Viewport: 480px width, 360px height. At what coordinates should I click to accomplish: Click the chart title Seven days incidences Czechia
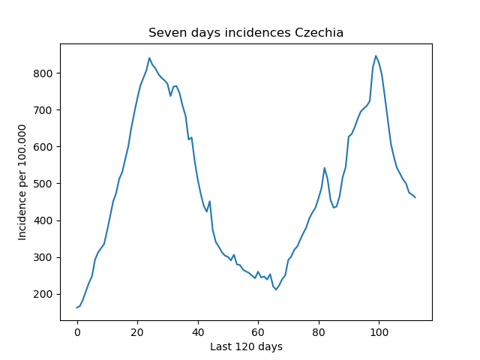(x=246, y=32)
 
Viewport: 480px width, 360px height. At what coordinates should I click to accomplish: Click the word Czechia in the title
(x=319, y=32)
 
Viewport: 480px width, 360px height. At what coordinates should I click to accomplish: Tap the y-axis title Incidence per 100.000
(x=22, y=182)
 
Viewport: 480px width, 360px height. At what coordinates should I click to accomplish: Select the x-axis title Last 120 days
(x=246, y=346)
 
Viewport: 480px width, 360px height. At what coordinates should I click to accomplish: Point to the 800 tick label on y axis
(x=43, y=73)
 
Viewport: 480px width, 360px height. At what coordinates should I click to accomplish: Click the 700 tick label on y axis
(x=43, y=110)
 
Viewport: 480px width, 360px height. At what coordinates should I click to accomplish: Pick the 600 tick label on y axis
(x=43, y=147)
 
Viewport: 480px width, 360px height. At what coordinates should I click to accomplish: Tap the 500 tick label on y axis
(x=43, y=184)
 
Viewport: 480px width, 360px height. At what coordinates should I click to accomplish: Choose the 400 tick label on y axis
(x=43, y=220)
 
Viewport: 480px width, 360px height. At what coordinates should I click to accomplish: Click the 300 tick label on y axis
(x=43, y=257)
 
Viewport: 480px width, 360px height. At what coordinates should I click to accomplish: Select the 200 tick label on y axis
(x=43, y=294)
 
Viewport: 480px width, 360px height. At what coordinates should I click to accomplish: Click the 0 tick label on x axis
(x=77, y=332)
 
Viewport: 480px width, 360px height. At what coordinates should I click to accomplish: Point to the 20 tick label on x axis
(x=137, y=332)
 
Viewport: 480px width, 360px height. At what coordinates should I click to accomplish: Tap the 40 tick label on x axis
(x=198, y=332)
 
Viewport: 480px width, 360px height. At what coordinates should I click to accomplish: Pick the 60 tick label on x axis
(x=258, y=332)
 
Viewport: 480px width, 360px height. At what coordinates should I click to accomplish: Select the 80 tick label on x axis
(x=319, y=332)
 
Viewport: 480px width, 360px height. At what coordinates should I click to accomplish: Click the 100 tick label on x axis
(x=379, y=332)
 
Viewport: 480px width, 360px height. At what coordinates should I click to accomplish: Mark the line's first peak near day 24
(x=149, y=58)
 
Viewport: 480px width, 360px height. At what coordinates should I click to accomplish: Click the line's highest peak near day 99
(x=376, y=55)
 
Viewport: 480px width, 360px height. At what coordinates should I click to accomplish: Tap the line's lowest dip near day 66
(x=276, y=289)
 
